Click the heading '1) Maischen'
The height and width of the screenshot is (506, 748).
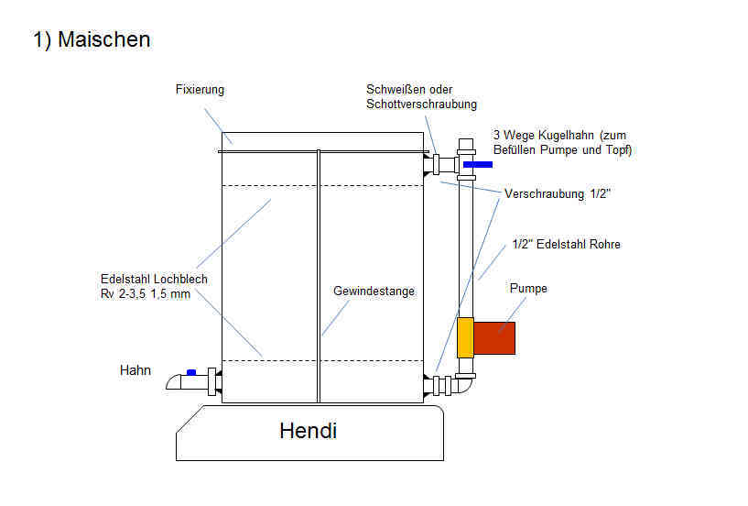tap(92, 39)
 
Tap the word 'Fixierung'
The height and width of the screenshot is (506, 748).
tap(200, 90)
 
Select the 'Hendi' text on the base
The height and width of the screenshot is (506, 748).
tap(308, 430)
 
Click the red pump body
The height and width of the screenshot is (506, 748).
tap(494, 338)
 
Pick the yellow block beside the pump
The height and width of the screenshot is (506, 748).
tap(465, 337)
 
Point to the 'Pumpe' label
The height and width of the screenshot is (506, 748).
tap(528, 288)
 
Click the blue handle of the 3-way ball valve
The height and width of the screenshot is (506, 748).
tap(477, 165)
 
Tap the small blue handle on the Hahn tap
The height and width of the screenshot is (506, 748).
tap(191, 372)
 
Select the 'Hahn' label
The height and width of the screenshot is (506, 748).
tap(135, 370)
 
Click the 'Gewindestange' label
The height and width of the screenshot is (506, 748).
tap(374, 291)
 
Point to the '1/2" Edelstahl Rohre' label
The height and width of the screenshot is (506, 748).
tap(566, 244)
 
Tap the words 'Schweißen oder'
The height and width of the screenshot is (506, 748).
tap(404, 90)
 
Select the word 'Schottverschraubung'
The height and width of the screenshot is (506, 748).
tap(421, 104)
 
